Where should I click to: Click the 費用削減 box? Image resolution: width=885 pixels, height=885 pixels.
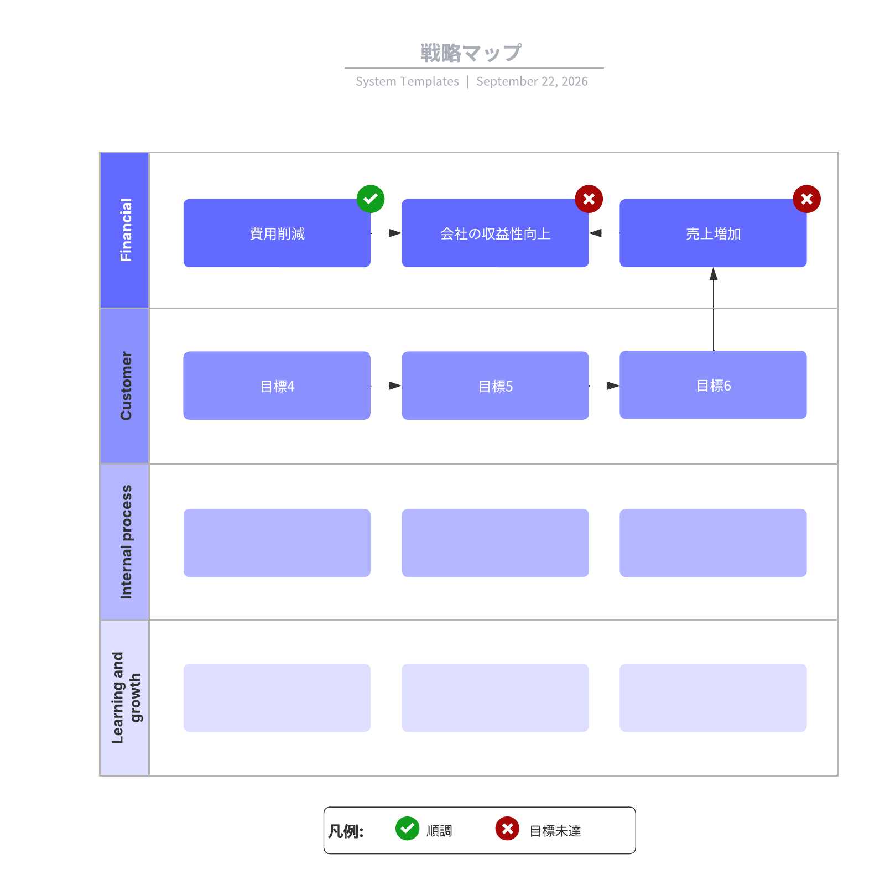click(277, 233)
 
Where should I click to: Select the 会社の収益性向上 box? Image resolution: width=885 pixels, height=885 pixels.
click(495, 233)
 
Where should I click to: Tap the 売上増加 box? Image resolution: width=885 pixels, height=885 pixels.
click(713, 233)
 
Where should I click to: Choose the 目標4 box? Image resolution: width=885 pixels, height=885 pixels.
click(277, 386)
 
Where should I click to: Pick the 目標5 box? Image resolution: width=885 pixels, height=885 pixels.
click(495, 386)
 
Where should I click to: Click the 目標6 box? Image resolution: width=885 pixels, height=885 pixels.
click(713, 385)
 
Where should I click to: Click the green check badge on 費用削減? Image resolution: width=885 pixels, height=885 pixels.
click(371, 199)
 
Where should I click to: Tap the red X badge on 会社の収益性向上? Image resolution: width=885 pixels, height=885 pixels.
click(589, 199)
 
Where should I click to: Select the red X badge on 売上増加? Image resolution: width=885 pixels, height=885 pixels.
click(806, 199)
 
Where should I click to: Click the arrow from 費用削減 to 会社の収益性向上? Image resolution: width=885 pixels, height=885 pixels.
click(386, 233)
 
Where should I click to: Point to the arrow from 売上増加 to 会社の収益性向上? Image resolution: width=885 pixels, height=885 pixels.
click(604, 233)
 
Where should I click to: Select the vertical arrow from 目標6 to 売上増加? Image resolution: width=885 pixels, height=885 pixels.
click(714, 309)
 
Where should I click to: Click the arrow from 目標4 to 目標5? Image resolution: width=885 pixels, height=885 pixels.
click(386, 386)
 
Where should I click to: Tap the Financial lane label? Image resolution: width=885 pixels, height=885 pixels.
click(126, 230)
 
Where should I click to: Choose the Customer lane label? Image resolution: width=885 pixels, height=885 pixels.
click(126, 386)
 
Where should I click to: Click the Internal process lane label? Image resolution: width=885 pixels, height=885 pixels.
click(126, 542)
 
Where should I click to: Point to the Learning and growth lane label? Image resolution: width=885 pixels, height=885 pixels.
click(126, 697)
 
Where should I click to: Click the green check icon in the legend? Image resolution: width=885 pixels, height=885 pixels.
click(408, 829)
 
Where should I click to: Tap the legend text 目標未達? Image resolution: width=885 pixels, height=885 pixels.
click(555, 831)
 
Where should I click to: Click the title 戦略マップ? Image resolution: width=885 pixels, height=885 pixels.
click(471, 53)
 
